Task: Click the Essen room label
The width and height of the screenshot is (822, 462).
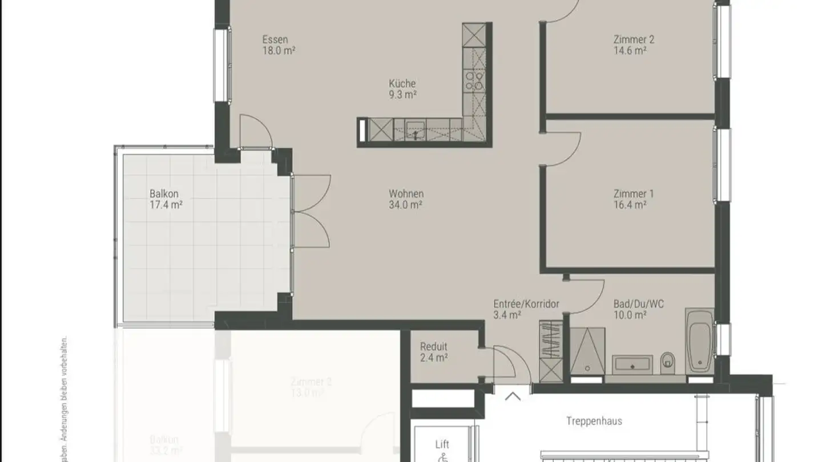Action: point(275,40)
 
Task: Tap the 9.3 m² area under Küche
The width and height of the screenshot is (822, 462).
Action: point(402,95)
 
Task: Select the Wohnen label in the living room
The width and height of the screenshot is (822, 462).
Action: point(406,194)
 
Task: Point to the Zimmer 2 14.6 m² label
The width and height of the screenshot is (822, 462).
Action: point(633,45)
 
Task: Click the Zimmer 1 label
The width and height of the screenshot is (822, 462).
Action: point(633,194)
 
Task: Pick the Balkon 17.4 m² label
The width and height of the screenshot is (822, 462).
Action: point(165,199)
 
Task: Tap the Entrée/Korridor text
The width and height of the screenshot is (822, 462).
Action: point(526,304)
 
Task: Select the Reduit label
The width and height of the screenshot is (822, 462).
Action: point(433,347)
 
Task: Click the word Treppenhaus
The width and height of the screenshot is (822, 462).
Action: point(594,422)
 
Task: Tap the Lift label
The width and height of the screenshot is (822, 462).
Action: point(442,444)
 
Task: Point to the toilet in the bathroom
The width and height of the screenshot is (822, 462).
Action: point(667,362)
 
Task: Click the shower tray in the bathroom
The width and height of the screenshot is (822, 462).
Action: point(587,351)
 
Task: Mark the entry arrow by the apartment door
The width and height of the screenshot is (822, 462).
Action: point(512,396)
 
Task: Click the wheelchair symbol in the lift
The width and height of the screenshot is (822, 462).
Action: point(442,457)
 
